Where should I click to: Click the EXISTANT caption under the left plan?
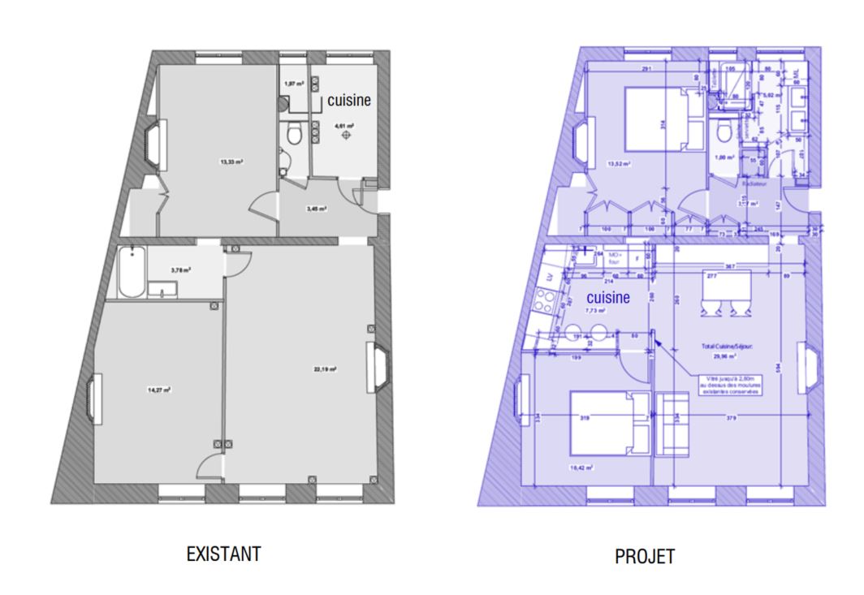[224, 554]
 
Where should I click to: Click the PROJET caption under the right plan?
[645, 557]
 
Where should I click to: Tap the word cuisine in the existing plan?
[349, 101]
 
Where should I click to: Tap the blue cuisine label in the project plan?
[609, 298]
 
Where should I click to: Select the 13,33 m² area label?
[232, 162]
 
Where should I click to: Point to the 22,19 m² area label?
[325, 369]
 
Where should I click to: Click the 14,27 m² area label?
[158, 390]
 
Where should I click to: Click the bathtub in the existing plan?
[131, 274]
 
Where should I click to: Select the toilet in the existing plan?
[293, 134]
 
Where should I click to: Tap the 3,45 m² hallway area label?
[316, 209]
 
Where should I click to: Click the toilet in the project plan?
[723, 133]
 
